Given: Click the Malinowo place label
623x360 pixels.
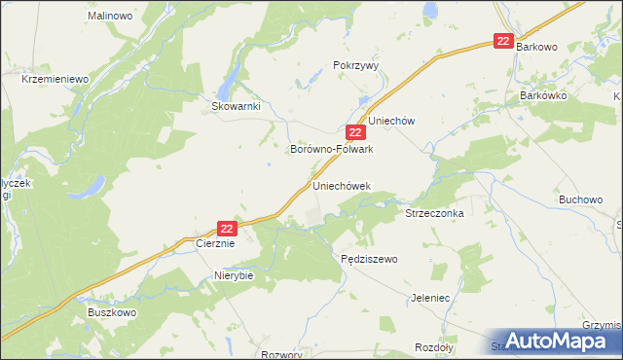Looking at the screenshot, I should tap(110, 17).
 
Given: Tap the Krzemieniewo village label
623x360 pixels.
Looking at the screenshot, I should tap(55, 79).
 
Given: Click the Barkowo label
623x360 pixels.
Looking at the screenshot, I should tap(542, 46).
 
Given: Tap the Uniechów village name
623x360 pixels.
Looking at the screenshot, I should tap(391, 121).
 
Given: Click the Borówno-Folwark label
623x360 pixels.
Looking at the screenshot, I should tap(333, 150).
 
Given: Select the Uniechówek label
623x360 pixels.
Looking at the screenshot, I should tap(342, 184).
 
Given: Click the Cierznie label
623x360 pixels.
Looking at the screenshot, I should tap(216, 244).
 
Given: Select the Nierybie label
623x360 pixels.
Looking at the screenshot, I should tap(234, 275).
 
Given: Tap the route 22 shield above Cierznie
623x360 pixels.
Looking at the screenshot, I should tap(227, 228).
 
